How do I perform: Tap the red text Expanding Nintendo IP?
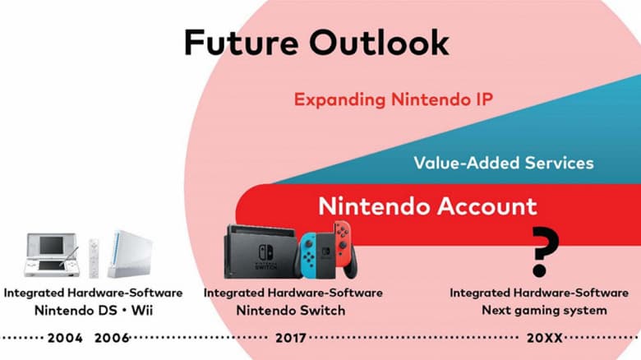pyautogui.click(x=393, y=100)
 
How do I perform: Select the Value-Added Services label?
pyautogui.click(x=504, y=163)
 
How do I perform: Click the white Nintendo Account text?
pyautogui.click(x=427, y=205)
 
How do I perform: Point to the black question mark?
pyautogui.click(x=545, y=252)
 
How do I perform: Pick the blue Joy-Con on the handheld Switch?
pyautogui.click(x=308, y=254)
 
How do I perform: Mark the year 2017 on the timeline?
pyautogui.click(x=293, y=338)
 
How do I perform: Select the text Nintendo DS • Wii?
pyautogui.click(x=93, y=310)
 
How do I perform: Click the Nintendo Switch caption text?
pyautogui.click(x=291, y=310)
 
